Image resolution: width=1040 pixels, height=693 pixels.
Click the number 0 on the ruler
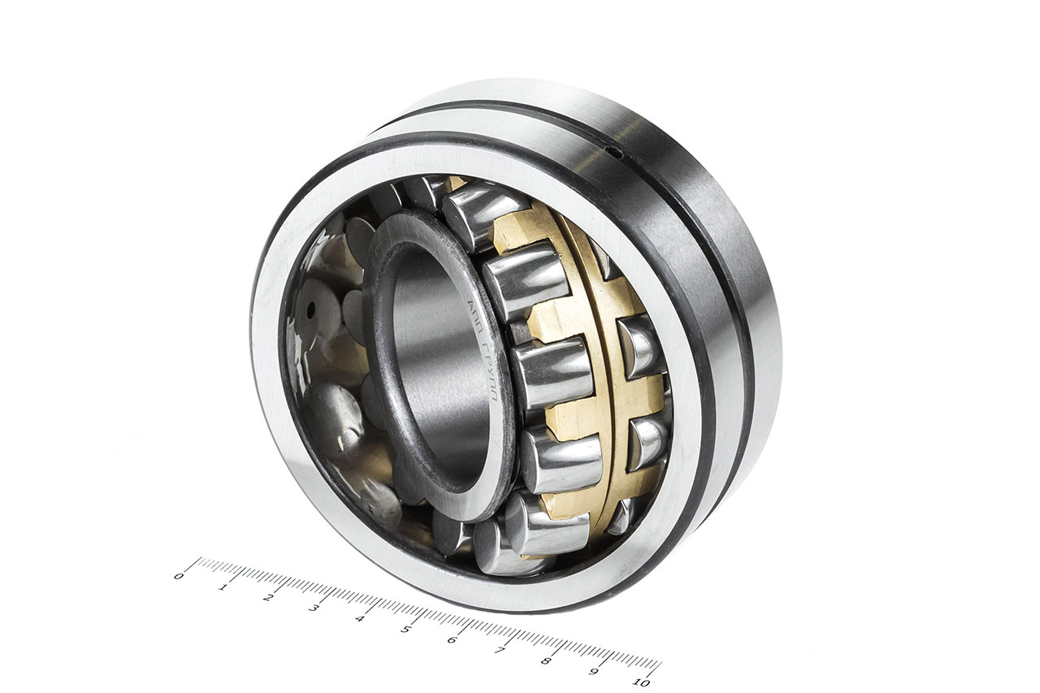tap(179, 576)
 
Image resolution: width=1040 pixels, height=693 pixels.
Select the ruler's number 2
tap(268, 598)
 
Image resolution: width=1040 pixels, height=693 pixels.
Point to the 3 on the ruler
tap(314, 609)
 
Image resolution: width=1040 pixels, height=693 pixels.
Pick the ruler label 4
tap(359, 619)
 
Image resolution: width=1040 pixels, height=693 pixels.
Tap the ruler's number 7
tap(499, 651)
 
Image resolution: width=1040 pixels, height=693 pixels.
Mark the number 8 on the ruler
tap(546, 661)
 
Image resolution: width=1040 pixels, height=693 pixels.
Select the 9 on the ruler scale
tap(594, 672)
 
